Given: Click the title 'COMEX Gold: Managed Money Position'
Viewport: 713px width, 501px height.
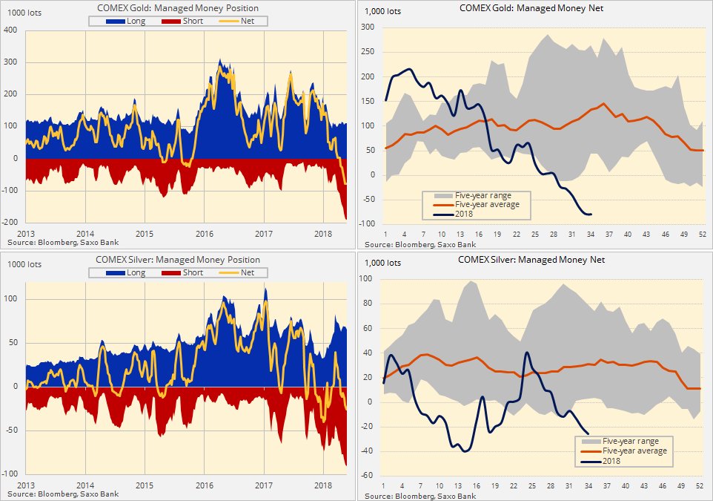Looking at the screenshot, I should [178, 8].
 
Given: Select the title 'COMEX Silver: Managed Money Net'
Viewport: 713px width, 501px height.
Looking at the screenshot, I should [531, 260].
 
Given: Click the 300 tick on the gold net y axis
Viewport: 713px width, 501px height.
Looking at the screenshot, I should [368, 27].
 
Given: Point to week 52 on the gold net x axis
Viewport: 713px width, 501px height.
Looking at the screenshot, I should [702, 235].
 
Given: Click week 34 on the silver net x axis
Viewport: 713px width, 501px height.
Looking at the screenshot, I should [587, 486].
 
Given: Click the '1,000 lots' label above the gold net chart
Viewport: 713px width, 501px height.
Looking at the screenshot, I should [383, 11].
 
